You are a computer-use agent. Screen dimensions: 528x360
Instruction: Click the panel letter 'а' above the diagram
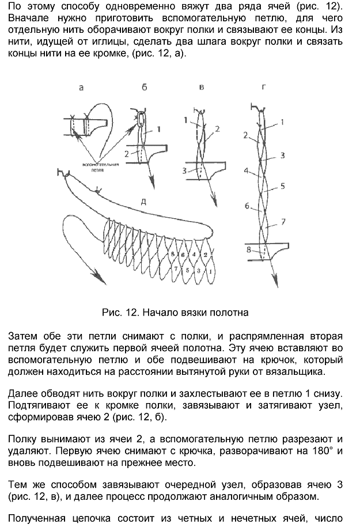pyautogui.click(x=81, y=88)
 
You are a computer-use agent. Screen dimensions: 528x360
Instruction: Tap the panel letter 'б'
pyautogui.click(x=144, y=88)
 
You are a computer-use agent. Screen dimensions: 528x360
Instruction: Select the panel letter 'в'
pyautogui.click(x=200, y=88)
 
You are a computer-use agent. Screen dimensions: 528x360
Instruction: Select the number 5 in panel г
pyautogui.click(x=283, y=186)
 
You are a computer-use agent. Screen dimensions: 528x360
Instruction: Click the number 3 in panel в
pyautogui.click(x=184, y=170)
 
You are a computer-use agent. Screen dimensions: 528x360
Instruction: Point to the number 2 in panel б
pyautogui.click(x=126, y=154)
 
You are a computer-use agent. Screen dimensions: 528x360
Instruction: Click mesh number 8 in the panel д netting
pyautogui.click(x=171, y=254)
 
